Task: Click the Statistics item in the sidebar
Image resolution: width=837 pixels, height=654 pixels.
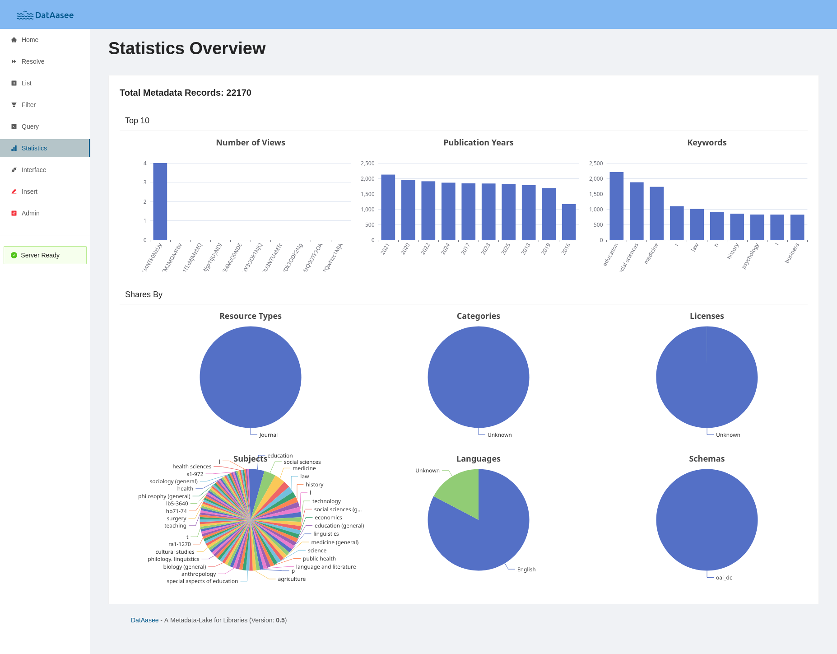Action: pyautogui.click(x=34, y=148)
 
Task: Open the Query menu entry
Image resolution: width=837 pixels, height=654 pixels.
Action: pyautogui.click(x=30, y=126)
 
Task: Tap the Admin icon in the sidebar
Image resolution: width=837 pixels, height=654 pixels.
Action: pyautogui.click(x=14, y=213)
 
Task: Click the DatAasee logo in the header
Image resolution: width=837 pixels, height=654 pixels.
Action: pyautogui.click(x=45, y=15)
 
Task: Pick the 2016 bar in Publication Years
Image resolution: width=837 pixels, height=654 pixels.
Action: pyautogui.click(x=568, y=222)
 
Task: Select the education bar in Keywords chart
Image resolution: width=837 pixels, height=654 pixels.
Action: pyautogui.click(x=616, y=206)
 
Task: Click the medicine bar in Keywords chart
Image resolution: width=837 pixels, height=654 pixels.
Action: pyautogui.click(x=656, y=214)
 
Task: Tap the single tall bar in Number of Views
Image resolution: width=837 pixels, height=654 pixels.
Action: pyautogui.click(x=160, y=202)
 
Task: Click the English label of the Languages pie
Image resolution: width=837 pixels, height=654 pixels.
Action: pyautogui.click(x=526, y=570)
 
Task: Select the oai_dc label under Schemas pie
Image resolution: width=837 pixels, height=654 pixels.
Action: pyautogui.click(x=724, y=578)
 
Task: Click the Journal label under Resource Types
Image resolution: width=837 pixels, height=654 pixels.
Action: pyautogui.click(x=268, y=435)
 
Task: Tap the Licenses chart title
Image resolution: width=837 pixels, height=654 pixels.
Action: pyautogui.click(x=707, y=316)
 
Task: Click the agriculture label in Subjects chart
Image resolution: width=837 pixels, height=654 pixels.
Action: pyautogui.click(x=291, y=579)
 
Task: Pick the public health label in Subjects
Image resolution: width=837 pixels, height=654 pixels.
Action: pyautogui.click(x=319, y=559)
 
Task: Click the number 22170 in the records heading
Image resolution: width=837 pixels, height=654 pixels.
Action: pyautogui.click(x=238, y=93)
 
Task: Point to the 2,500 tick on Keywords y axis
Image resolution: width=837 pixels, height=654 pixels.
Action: pyautogui.click(x=595, y=163)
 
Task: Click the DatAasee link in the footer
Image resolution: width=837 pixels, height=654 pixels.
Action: pyautogui.click(x=144, y=620)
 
